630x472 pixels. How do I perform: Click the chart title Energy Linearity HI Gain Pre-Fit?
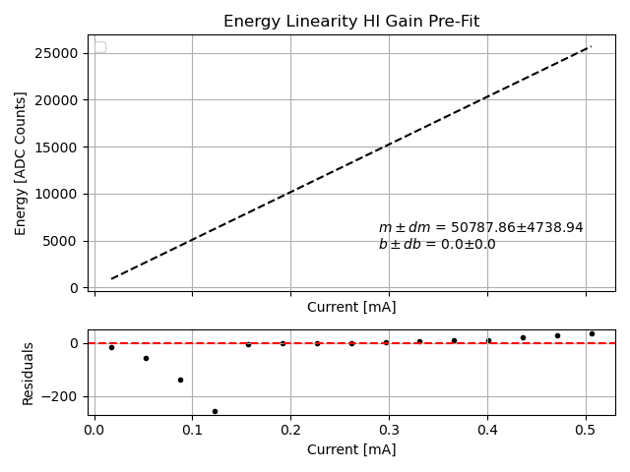tap(351, 22)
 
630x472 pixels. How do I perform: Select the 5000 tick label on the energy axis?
tap(62, 242)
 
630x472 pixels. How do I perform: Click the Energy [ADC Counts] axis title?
tap(21, 163)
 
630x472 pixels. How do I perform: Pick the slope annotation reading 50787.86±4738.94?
tap(480, 228)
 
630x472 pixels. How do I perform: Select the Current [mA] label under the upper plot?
tap(351, 307)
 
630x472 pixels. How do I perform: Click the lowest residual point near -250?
tap(215, 411)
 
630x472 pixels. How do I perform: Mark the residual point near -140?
tap(180, 380)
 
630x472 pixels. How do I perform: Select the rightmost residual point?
tap(592, 333)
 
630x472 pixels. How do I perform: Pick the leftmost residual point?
tap(111, 347)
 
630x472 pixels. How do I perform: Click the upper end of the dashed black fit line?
tap(591, 46)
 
